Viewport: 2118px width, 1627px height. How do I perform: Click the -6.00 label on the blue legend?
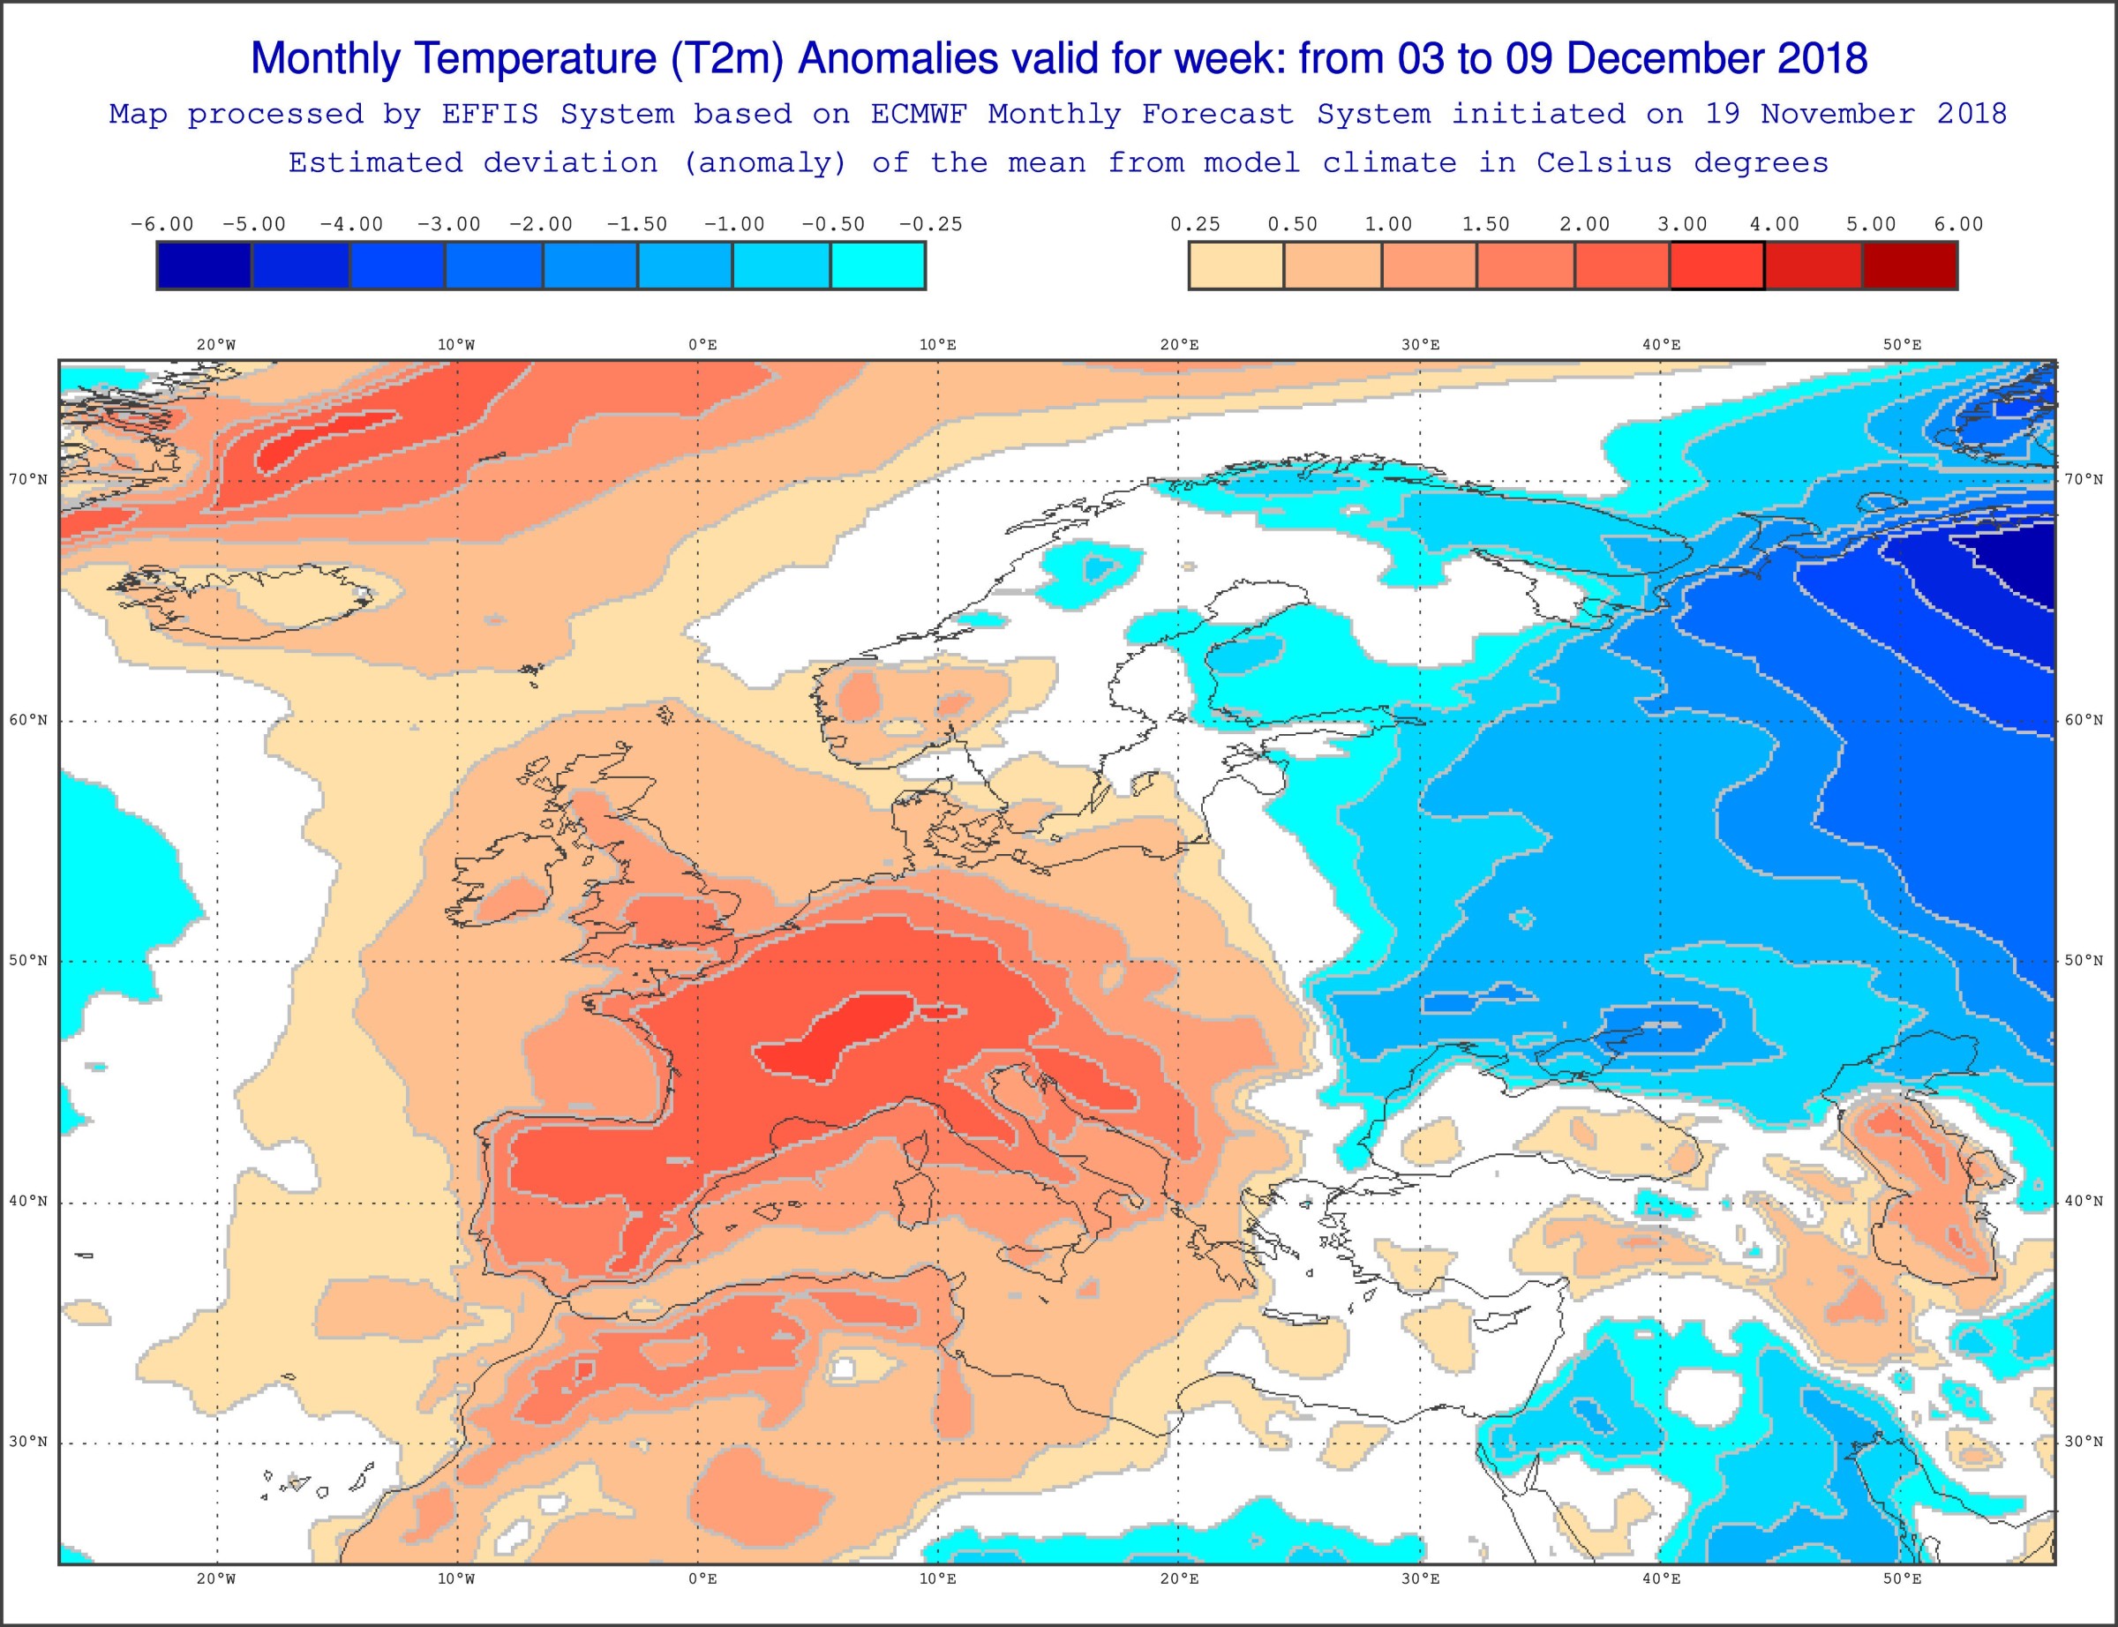(x=161, y=225)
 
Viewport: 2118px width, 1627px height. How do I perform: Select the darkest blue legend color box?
(x=205, y=266)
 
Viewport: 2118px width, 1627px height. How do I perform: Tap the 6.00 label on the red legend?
(x=1958, y=225)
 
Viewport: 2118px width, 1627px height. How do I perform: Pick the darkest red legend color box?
(x=1909, y=266)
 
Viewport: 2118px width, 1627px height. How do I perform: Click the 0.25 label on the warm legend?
(x=1195, y=225)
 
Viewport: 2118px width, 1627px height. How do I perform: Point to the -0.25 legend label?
(x=929, y=225)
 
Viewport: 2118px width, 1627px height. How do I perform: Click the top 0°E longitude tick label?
(x=703, y=345)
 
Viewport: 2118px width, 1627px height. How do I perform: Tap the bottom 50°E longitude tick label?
(x=1902, y=1578)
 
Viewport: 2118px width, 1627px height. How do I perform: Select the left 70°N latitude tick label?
(x=28, y=479)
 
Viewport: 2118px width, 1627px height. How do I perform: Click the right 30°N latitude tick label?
(x=2083, y=1441)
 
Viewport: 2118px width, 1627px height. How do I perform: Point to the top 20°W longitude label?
(x=216, y=345)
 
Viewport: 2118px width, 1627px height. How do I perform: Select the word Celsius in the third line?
(x=1604, y=162)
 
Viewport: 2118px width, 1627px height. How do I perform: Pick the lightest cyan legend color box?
(x=878, y=266)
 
